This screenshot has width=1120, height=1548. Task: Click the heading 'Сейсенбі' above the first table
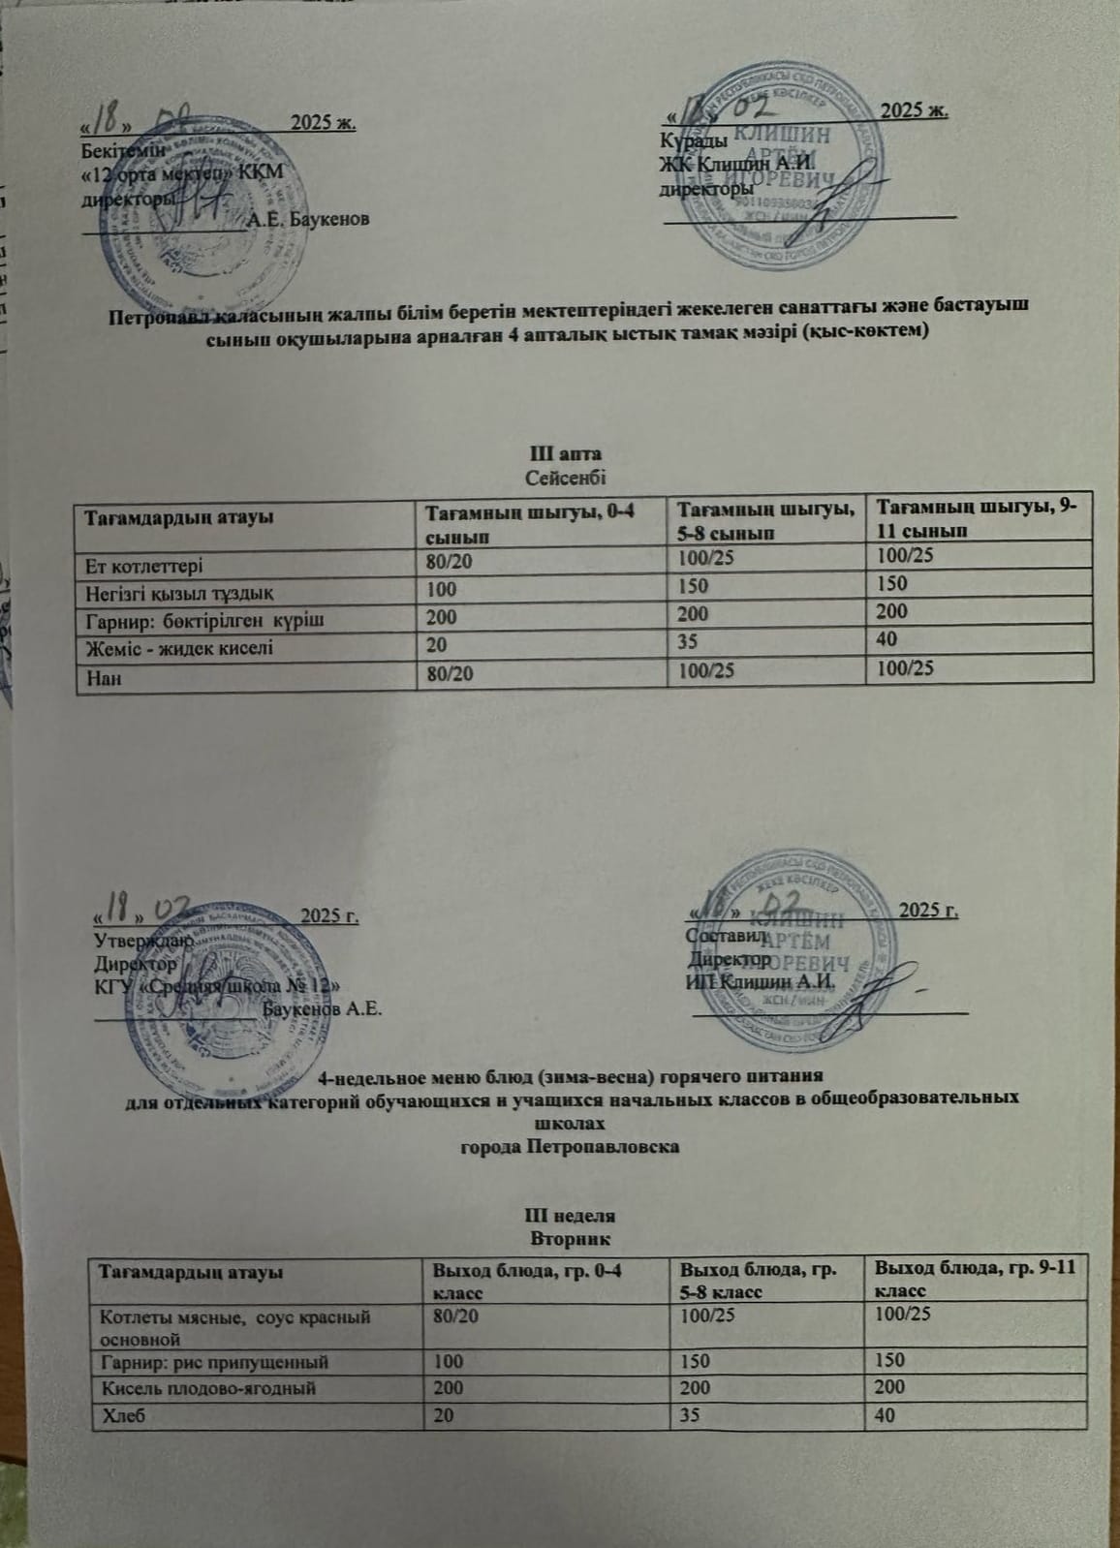pyautogui.click(x=566, y=477)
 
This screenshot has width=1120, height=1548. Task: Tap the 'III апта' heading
pyautogui.click(x=566, y=454)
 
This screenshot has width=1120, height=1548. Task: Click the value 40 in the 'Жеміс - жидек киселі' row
pyautogui.click(x=887, y=639)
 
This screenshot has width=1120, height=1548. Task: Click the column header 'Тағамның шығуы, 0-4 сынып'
pyautogui.click(x=526, y=523)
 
